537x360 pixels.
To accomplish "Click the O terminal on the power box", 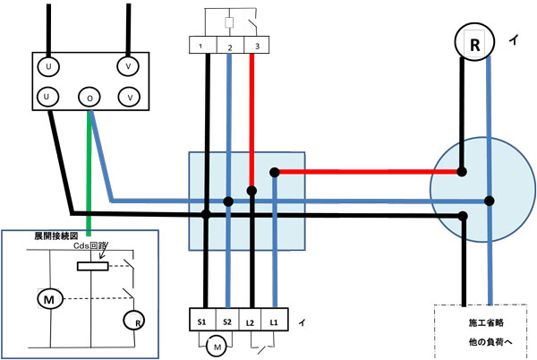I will (88, 96).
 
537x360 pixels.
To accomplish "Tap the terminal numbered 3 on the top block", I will (258, 46).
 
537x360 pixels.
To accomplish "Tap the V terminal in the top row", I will (131, 65).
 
